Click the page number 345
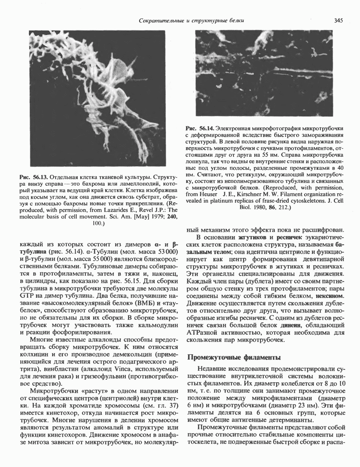[x=338, y=20]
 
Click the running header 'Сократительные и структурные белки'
[x=191, y=20]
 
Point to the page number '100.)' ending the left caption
[x=98, y=223]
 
